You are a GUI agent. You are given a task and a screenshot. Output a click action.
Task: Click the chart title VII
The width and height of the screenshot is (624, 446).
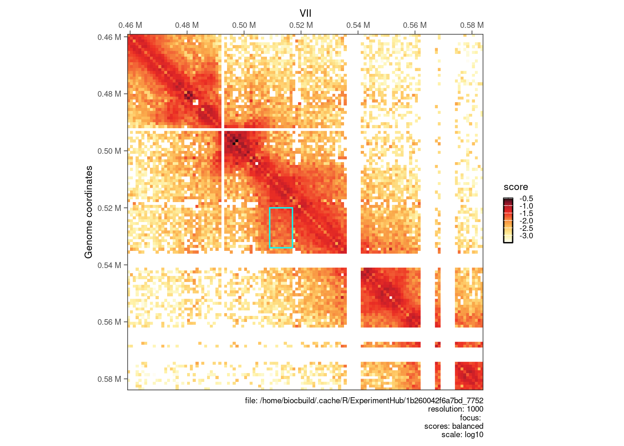click(305, 13)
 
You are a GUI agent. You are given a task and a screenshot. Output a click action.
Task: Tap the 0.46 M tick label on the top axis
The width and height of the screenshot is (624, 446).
click(130, 26)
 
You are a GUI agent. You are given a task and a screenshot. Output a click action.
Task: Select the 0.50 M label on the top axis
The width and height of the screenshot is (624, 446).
click(244, 26)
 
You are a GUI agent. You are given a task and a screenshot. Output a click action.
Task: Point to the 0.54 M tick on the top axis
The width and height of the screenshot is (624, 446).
click(358, 26)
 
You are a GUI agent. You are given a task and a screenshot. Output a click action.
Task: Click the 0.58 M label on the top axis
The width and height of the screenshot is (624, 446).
click(472, 26)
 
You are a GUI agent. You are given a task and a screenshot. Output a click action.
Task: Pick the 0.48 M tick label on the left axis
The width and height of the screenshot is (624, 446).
click(109, 94)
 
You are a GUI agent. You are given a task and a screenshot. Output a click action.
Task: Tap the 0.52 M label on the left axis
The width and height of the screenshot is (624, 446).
click(109, 208)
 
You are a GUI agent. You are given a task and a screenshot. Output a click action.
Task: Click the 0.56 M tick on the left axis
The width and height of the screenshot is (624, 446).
click(109, 322)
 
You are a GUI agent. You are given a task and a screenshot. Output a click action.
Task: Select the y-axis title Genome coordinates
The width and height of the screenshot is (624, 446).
click(89, 212)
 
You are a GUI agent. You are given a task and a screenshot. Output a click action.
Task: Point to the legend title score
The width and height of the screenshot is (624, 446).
click(516, 187)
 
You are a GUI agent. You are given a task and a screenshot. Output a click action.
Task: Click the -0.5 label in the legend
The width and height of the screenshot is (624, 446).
click(526, 199)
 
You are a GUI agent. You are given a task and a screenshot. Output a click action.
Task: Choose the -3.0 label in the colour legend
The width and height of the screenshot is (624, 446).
click(526, 236)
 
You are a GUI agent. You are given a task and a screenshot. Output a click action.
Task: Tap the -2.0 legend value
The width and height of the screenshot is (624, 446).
click(526, 221)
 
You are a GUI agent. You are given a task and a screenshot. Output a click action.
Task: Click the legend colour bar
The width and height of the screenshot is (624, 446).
click(508, 220)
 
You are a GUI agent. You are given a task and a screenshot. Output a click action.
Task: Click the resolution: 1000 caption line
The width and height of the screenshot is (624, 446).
click(455, 409)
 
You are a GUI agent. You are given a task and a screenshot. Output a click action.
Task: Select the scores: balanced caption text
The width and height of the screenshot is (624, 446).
click(454, 426)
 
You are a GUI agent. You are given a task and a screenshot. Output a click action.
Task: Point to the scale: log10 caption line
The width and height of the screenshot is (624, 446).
click(462, 435)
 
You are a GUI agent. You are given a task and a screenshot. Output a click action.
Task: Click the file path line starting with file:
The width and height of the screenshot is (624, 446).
click(364, 400)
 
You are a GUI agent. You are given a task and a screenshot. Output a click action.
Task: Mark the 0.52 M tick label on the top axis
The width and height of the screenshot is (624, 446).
click(301, 26)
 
